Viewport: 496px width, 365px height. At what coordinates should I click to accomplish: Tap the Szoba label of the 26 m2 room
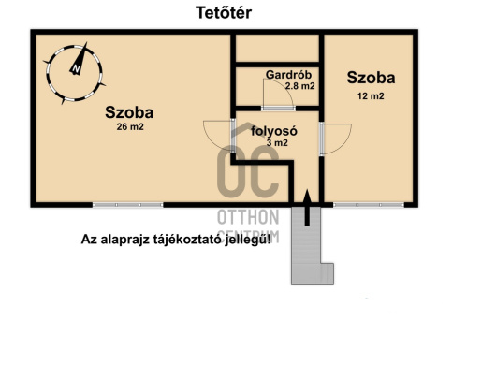point(129,112)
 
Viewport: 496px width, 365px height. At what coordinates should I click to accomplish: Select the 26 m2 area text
point(129,127)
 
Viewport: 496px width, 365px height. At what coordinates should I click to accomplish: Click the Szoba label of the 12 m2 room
point(371,78)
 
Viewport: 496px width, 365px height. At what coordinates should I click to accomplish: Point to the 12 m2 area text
point(371,95)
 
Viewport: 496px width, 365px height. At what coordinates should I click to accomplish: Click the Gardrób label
point(289,74)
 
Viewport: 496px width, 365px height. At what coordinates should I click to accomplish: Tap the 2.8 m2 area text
point(299,85)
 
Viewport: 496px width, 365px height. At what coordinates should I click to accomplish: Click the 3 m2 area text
point(277,143)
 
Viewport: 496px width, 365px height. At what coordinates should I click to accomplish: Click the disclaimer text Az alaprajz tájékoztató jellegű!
point(177,240)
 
